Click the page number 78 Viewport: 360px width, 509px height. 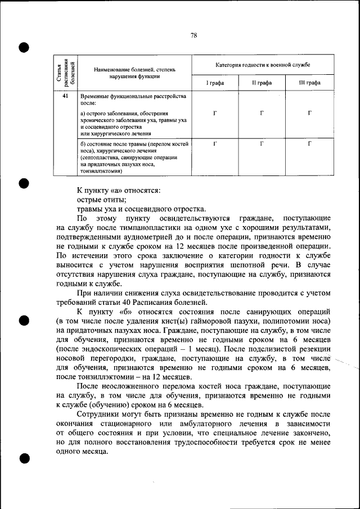tap(193, 35)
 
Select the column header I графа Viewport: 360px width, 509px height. tap(214, 83)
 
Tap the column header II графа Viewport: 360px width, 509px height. tap(262, 83)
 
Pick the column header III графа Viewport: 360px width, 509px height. tap(309, 83)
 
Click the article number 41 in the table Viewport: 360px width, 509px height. tap(65, 97)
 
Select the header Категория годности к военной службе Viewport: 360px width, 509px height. tap(262, 65)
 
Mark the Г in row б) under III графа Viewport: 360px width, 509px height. tap(310, 144)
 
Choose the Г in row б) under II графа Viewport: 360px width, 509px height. tap(262, 144)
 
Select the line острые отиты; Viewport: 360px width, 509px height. tap(101, 200)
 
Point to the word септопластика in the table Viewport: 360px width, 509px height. tap(99, 159)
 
